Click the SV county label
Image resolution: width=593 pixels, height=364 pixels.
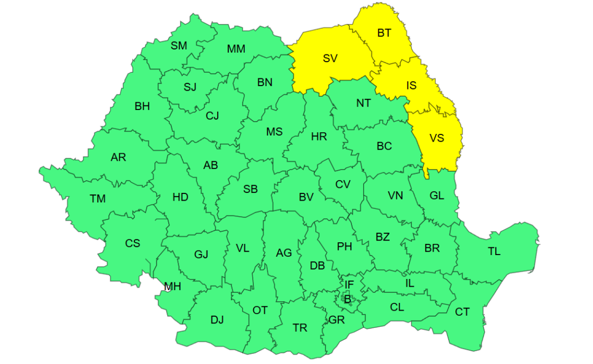pyautogui.click(x=330, y=58)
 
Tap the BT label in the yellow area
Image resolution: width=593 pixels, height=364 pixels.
pyautogui.click(x=384, y=33)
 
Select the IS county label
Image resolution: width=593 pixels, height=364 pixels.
pyautogui.click(x=411, y=86)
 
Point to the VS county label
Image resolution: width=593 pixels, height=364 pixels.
pyautogui.click(x=437, y=138)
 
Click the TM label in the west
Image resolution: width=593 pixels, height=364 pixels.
pyautogui.click(x=98, y=198)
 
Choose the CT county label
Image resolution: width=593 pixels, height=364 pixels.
pyautogui.click(x=462, y=312)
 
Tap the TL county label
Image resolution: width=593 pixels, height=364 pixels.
pyautogui.click(x=494, y=251)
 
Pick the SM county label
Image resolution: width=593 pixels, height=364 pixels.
pyautogui.click(x=179, y=46)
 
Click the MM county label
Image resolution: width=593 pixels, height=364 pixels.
pyautogui.click(x=236, y=49)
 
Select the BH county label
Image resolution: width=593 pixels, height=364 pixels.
pyautogui.click(x=142, y=106)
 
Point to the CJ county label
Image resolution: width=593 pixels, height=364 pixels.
pyautogui.click(x=212, y=116)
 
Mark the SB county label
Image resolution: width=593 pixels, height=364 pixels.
pyautogui.click(x=250, y=189)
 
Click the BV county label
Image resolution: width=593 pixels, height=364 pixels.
pyautogui.click(x=306, y=197)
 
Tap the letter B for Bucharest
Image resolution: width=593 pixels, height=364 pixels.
pyautogui.click(x=348, y=300)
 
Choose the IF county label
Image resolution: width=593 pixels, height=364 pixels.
pyautogui.click(x=349, y=285)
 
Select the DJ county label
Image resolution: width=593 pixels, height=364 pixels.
pyautogui.click(x=217, y=320)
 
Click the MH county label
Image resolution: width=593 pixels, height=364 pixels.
pyautogui.click(x=172, y=287)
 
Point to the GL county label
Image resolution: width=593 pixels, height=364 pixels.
pyautogui.click(x=437, y=195)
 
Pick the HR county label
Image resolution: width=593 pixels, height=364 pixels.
pyautogui.click(x=319, y=137)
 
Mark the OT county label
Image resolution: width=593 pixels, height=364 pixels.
pyautogui.click(x=260, y=310)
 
